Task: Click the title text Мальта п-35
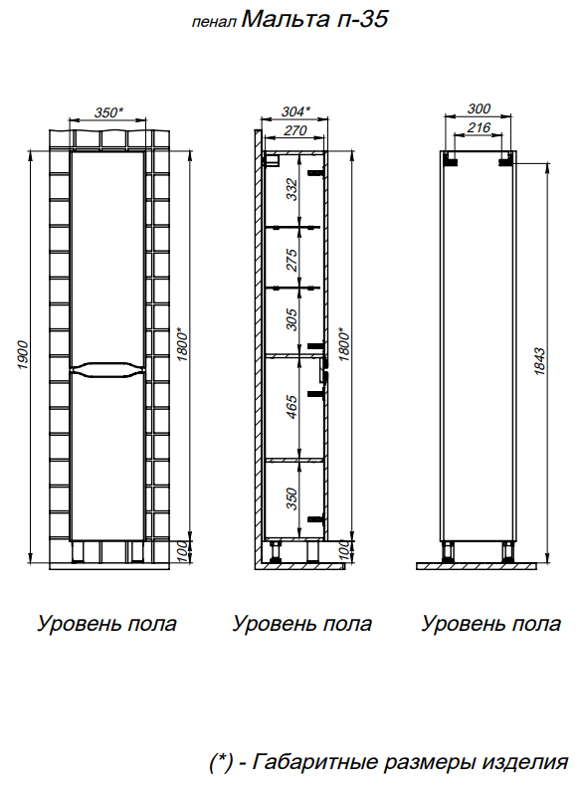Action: click(x=314, y=19)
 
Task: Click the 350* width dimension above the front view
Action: click(x=108, y=112)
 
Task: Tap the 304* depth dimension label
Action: click(x=295, y=111)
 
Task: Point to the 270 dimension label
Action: click(x=295, y=130)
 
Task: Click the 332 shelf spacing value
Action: click(x=292, y=190)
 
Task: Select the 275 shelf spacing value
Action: click(x=292, y=260)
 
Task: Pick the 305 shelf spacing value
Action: click(x=292, y=319)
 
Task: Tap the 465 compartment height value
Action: click(x=292, y=407)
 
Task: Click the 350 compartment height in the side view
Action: click(x=292, y=498)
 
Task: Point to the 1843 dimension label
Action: click(x=539, y=361)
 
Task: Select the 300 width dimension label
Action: click(x=479, y=108)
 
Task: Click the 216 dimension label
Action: click(x=479, y=127)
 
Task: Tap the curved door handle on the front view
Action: click(x=107, y=369)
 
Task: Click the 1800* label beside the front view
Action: click(x=182, y=345)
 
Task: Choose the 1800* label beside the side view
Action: click(x=343, y=345)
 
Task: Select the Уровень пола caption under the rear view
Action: click(x=491, y=624)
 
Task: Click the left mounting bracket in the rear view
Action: click(x=451, y=161)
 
